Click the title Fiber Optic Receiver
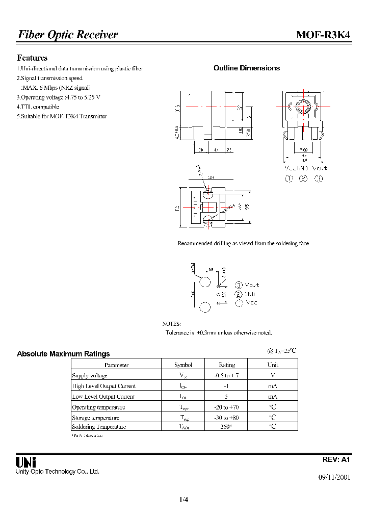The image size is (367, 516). pos(68,35)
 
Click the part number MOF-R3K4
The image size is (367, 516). pos(323,35)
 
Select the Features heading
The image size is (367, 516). pos(32,58)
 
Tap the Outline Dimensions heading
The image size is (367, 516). pos(246,68)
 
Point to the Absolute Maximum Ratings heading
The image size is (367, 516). pos(63,353)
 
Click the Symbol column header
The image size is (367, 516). pos(183,365)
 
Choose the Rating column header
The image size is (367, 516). pos(226,365)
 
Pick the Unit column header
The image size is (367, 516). pos(273,365)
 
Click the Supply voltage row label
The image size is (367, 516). pos(90,376)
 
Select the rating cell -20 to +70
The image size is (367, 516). pos(226,407)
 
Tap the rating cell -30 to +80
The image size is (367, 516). pos(226,418)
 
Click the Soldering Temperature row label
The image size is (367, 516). pos(99,427)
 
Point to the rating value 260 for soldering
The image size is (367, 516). pos(226,427)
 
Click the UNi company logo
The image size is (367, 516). pos(25,462)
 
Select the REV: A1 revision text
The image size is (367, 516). pos(336,459)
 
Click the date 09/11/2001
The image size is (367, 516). pos(334,478)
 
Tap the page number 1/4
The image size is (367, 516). pos(184,500)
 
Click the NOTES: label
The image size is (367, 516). pos(171,324)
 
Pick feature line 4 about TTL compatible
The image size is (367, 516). pos(38,107)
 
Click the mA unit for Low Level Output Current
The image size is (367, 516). pos(273,397)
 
